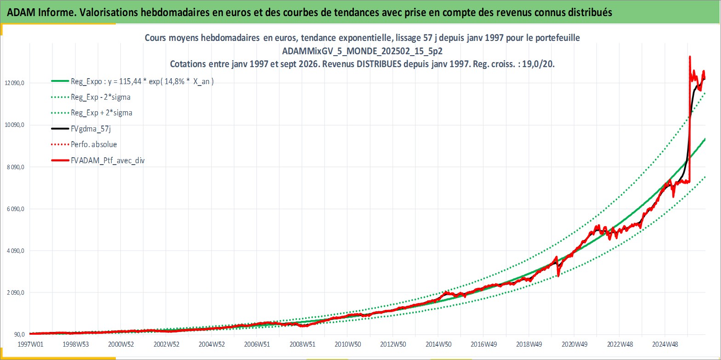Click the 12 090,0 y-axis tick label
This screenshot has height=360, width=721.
tap(15, 83)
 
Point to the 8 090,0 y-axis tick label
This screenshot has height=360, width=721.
tap(16, 167)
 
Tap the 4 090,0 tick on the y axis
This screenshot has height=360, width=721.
tap(16, 251)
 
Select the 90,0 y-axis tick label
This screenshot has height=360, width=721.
tap(19, 335)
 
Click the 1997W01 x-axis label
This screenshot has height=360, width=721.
tap(30, 344)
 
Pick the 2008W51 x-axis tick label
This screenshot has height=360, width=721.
tap(302, 344)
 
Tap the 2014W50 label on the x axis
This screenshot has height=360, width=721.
tap(438, 344)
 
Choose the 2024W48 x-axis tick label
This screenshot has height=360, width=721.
tap(665, 344)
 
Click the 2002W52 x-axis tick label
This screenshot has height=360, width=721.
tap(166, 344)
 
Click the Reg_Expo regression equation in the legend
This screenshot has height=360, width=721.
tap(142, 81)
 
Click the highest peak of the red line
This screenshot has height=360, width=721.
tap(690, 57)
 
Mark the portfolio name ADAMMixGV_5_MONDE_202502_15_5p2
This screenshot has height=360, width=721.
tap(362, 51)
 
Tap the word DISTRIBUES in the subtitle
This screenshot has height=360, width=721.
tap(379, 64)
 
